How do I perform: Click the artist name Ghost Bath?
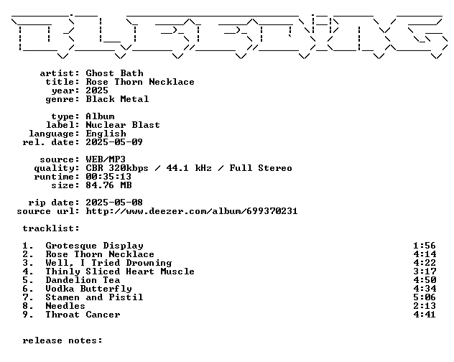tap(114, 73)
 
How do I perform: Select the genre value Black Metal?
tap(117, 99)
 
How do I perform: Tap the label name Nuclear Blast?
tap(123, 125)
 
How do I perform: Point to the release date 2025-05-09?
tap(114, 142)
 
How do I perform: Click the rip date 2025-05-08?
tap(114, 203)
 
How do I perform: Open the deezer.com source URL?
tap(192, 211)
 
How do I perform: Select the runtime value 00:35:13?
tap(108, 177)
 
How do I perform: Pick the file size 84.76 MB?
tap(108, 185)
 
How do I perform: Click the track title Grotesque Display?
tap(94, 246)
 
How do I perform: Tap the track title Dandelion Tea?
tap(83, 280)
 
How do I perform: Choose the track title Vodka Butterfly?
tap(88, 289)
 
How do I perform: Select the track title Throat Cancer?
tap(83, 315)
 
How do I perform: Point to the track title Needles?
tap(65, 306)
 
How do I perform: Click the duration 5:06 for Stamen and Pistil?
tap(425, 297)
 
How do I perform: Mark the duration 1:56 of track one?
tap(425, 246)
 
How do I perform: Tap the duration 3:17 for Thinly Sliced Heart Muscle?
tap(425, 271)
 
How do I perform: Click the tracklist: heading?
tap(51, 228)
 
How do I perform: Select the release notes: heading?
tap(62, 340)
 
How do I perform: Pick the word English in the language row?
tap(106, 134)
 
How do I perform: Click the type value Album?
tap(100, 116)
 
